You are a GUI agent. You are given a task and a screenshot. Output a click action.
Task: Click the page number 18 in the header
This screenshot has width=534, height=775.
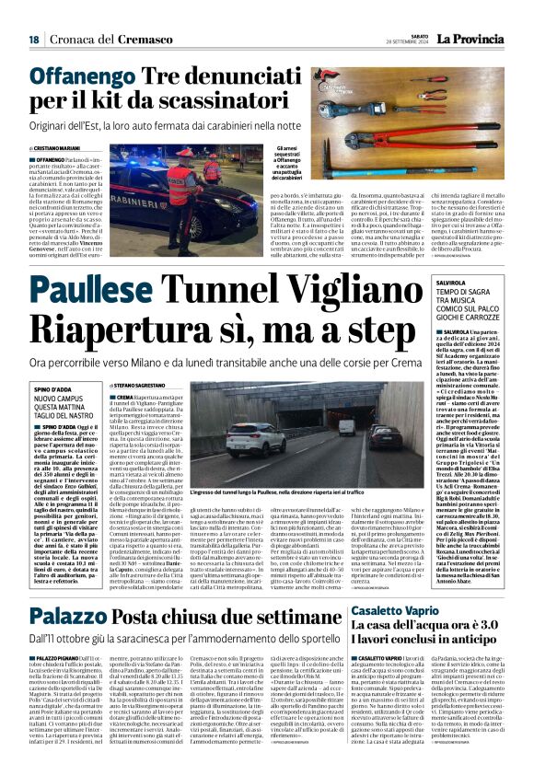point(33,39)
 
